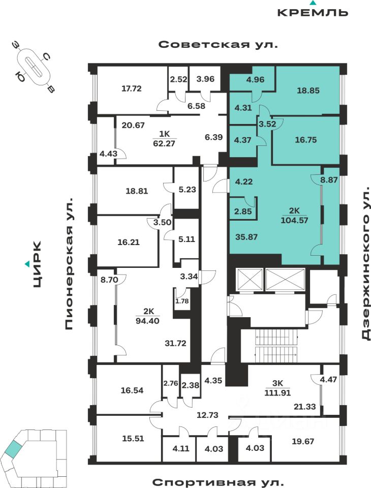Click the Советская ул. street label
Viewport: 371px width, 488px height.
tap(219, 44)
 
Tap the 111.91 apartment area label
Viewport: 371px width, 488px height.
tap(281, 392)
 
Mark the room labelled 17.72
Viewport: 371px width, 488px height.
tap(131, 88)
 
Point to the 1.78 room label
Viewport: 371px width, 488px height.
tap(181, 301)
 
